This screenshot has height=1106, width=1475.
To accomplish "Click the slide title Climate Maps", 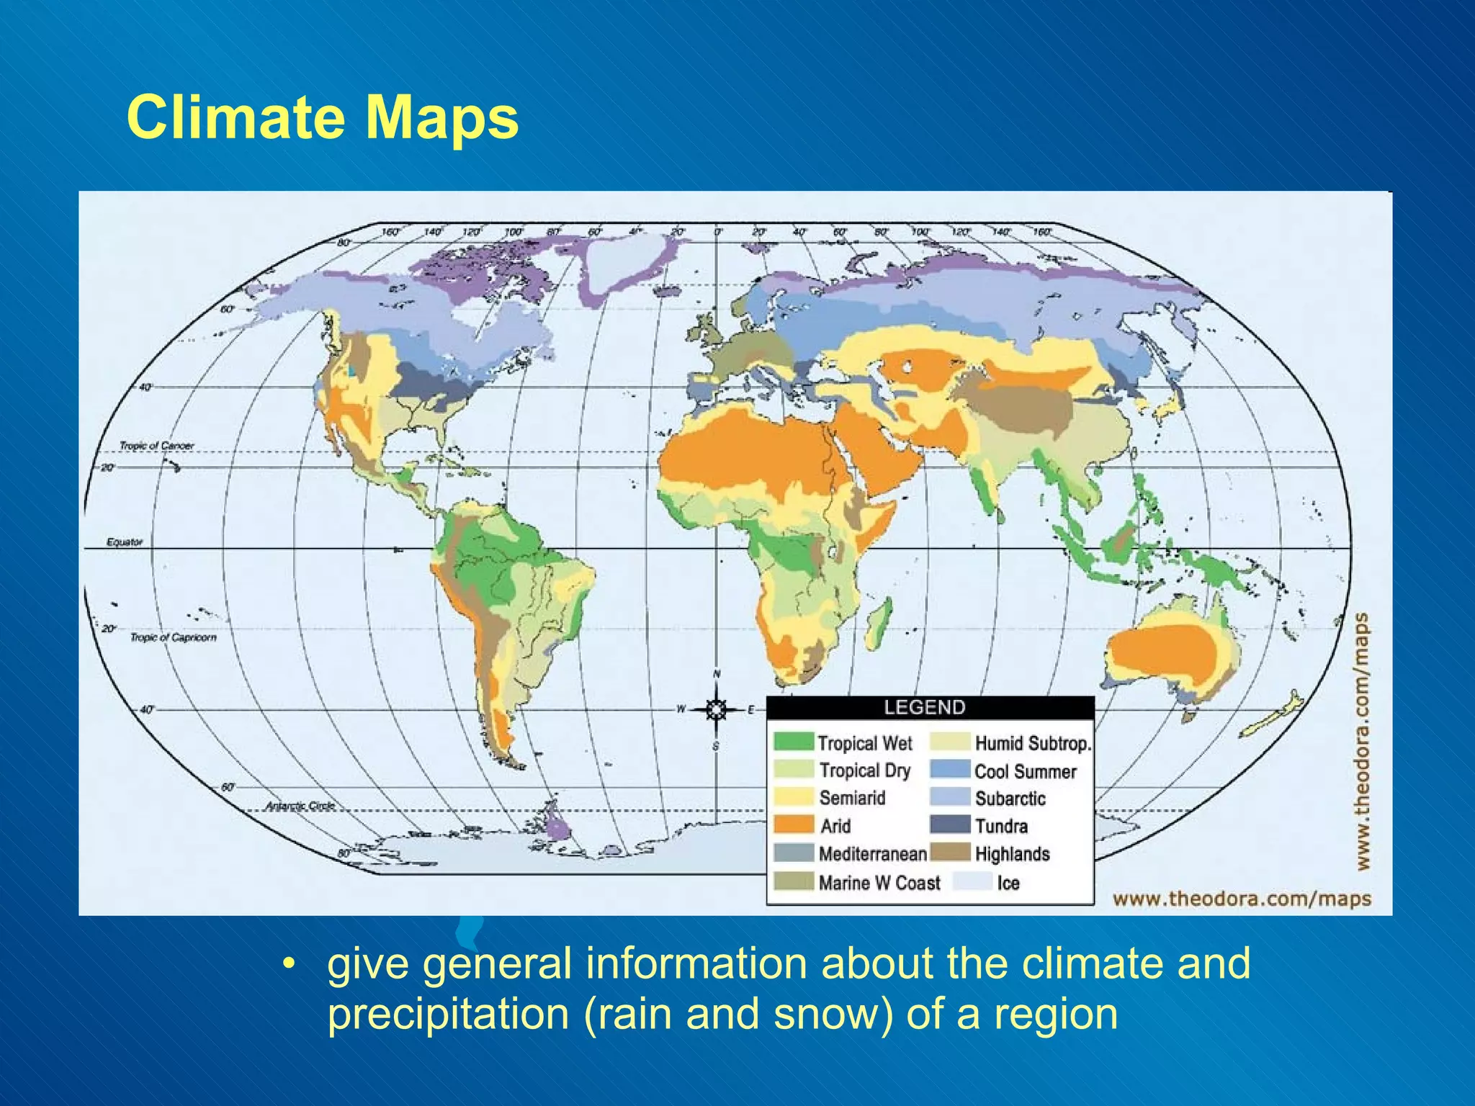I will point(322,117).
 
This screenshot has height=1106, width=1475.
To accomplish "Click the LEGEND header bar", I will point(930,707).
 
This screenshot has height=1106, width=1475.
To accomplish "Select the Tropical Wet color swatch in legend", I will point(793,742).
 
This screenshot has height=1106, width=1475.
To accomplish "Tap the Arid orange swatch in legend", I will point(793,825).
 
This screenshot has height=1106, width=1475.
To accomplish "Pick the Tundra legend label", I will point(1001,826).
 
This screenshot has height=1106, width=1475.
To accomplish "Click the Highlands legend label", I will point(1012,854).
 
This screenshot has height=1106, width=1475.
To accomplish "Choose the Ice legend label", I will point(1008,883).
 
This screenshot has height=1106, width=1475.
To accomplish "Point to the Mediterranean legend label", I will point(872,854).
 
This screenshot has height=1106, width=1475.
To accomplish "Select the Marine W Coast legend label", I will point(879,883).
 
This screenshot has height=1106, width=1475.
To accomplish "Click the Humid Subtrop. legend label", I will point(1033,743).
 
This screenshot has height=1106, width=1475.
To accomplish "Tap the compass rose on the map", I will point(716,710).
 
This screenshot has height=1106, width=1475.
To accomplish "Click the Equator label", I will point(125,541).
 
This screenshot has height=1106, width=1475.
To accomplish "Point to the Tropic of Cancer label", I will point(156,446).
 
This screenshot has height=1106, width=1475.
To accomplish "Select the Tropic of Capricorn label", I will point(173,637).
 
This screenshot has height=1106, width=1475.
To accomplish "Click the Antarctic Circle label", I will point(300,806).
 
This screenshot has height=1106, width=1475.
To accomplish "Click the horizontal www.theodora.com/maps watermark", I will point(1242,899).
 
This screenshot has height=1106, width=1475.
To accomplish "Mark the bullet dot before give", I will point(289,963).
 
